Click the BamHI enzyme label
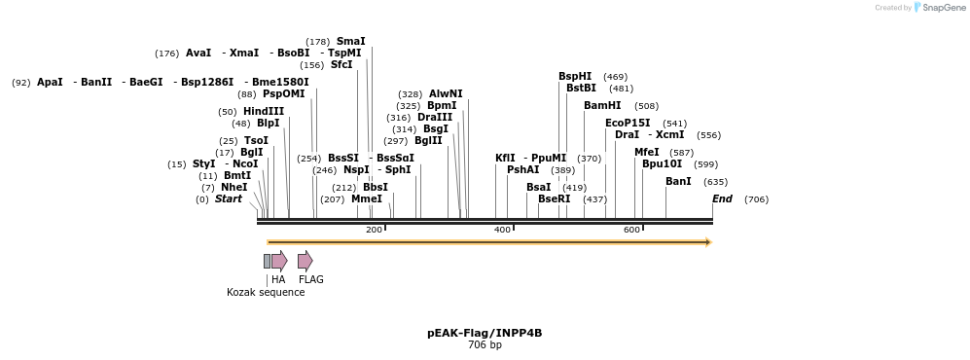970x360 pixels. click(602, 105)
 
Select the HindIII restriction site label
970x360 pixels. click(264, 111)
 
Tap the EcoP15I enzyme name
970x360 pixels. click(628, 123)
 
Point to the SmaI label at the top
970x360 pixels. click(350, 41)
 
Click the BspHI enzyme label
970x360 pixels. click(574, 76)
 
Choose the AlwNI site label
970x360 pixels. click(446, 93)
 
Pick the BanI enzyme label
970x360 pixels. click(678, 181)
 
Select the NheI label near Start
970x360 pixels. click(234, 187)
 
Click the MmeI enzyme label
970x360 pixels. click(367, 198)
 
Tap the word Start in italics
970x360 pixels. click(228, 198)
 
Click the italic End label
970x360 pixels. click(722, 198)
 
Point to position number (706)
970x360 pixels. click(756, 199)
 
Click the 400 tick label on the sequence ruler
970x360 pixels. click(502, 230)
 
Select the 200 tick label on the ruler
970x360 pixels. click(374, 230)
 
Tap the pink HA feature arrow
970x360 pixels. click(279, 261)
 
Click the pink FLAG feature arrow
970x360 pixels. click(305, 261)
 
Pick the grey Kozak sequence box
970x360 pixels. click(267, 261)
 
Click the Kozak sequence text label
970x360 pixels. click(266, 292)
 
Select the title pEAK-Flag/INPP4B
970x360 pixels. click(485, 333)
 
